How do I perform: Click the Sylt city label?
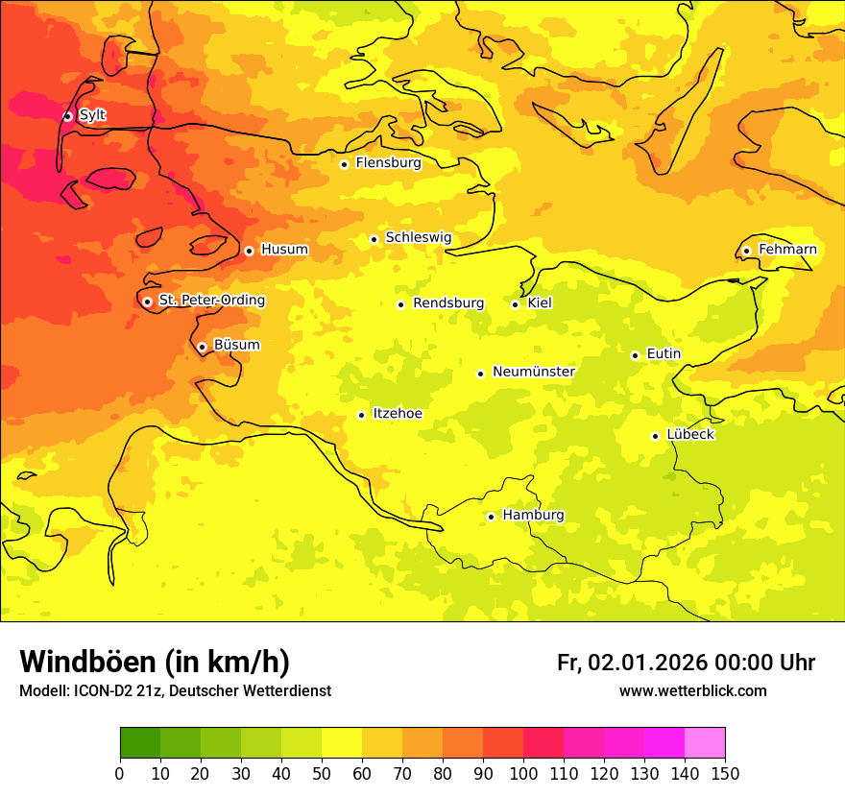(x=92, y=115)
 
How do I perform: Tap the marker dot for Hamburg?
(x=491, y=517)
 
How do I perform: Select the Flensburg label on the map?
(x=388, y=163)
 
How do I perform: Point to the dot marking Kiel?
(x=516, y=304)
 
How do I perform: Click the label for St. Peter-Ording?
(x=211, y=301)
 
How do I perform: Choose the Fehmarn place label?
(x=787, y=250)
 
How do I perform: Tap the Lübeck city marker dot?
(x=655, y=436)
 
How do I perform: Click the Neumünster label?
(x=534, y=372)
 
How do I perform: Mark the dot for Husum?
(x=249, y=251)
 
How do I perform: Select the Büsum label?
(x=236, y=345)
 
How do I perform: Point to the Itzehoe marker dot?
(x=361, y=415)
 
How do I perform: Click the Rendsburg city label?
(x=448, y=303)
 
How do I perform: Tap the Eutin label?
(x=664, y=354)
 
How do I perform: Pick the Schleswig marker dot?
(x=374, y=239)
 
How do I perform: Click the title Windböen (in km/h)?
(x=155, y=662)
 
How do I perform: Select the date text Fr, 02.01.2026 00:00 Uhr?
(x=686, y=663)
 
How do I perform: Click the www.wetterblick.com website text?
(x=692, y=691)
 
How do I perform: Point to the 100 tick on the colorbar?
(x=523, y=773)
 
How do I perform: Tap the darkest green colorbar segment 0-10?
(x=140, y=743)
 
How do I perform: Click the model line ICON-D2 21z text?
(x=175, y=691)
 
